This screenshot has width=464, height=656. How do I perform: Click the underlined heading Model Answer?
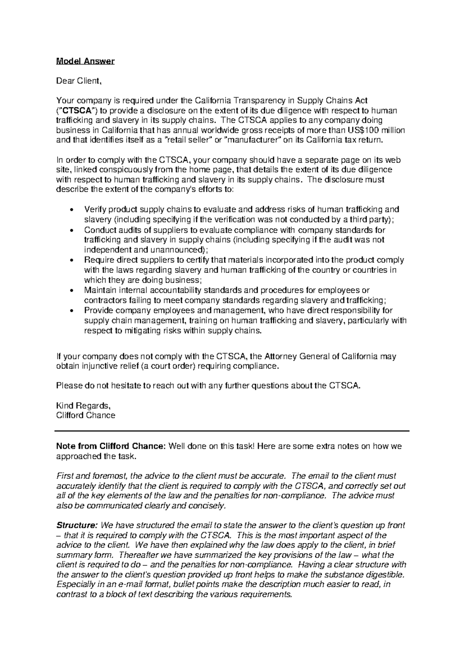tap(85, 61)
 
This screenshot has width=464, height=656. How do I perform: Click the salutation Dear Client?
tap(78, 81)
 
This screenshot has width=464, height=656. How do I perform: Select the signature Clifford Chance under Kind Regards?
tap(85, 416)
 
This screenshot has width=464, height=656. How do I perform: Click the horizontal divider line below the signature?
tap(232, 430)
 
